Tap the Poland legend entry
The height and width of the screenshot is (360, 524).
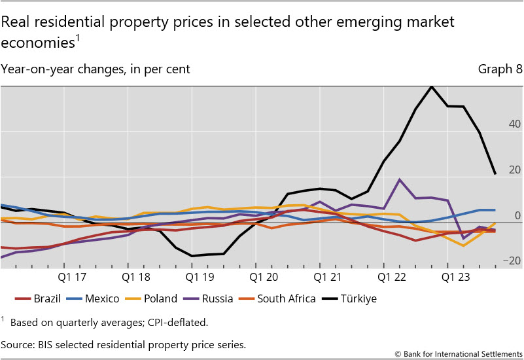pos(152,298)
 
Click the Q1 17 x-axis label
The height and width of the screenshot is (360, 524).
pos(73,276)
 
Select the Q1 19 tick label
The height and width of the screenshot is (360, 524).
pos(199,276)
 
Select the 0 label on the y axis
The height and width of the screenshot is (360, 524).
pos(517,215)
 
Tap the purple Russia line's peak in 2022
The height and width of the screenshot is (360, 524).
pos(400,179)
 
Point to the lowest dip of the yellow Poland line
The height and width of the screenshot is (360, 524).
pos(464,245)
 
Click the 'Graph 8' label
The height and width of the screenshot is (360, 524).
pos(500,69)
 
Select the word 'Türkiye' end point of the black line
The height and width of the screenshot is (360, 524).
pos(495,173)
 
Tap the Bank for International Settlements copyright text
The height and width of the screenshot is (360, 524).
pos(459,353)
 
